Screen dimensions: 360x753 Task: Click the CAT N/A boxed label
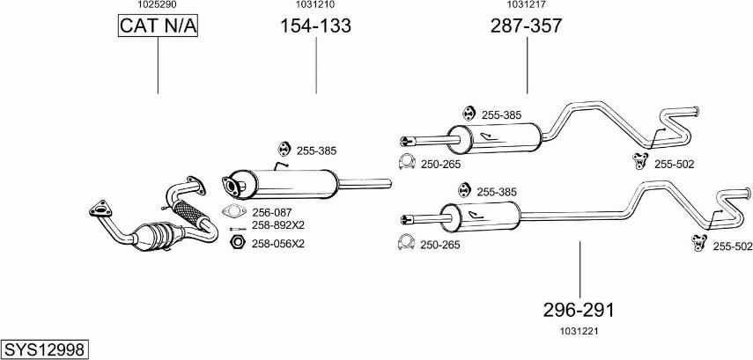pos(159,26)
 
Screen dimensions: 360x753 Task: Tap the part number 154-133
pos(315,26)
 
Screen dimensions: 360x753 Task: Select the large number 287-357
pos(526,26)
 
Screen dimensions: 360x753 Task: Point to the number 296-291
pos(579,310)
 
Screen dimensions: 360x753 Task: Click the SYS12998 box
pos(45,349)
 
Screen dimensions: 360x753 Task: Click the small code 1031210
pos(314,5)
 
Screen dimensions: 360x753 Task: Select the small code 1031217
pos(527,5)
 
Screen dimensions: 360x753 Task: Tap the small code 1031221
pos(578,331)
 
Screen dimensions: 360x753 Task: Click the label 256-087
pos(271,212)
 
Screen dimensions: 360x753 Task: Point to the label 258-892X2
pos(278,225)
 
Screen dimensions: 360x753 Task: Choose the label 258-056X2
pos(277,243)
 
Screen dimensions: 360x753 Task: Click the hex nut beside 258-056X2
pos(236,242)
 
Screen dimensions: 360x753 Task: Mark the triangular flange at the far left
pos(98,209)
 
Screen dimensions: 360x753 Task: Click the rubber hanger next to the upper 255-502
pos(640,160)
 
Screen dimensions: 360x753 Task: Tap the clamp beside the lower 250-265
pos(406,243)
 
